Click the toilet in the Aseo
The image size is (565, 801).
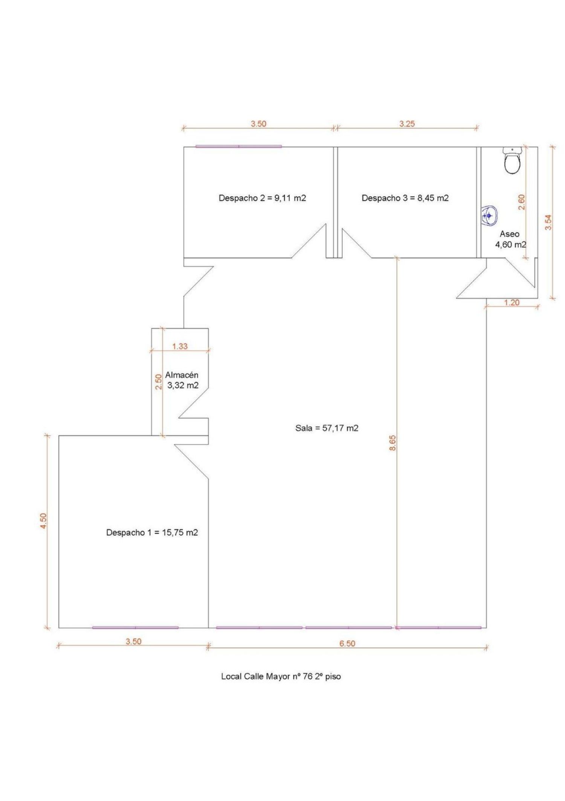tap(512, 161)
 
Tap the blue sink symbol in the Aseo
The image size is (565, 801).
tap(489, 216)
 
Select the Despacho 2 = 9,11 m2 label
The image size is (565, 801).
tap(262, 198)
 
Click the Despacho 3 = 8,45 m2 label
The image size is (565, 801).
tap(405, 198)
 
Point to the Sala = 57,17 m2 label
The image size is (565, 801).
tap(327, 428)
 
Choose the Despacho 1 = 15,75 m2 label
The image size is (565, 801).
tap(152, 532)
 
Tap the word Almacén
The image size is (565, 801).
tap(182, 375)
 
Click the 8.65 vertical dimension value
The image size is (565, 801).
tap(392, 443)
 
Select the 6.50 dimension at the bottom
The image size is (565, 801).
tap(347, 643)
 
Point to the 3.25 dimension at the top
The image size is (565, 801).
tap(407, 124)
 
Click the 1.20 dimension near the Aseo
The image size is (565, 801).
tap(512, 302)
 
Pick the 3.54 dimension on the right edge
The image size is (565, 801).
tap(548, 222)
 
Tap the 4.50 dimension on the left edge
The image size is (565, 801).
tap(43, 521)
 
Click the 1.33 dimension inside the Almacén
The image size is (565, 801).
tap(180, 346)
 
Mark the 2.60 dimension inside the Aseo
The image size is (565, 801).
tap(522, 202)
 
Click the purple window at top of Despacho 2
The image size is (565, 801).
tap(238, 146)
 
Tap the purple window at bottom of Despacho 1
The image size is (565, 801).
tap(135, 628)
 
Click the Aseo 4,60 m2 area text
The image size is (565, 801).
tap(510, 239)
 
